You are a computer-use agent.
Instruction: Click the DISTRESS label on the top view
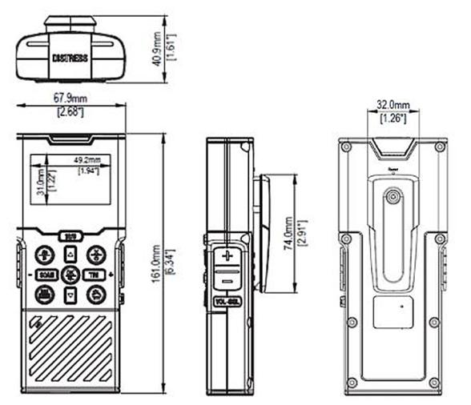tap(70, 58)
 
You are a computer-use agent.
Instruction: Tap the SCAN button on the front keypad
tap(46, 274)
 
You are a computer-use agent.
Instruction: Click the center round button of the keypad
tap(70, 275)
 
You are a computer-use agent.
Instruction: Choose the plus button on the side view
tap(227, 256)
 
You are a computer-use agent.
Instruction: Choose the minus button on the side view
tap(227, 281)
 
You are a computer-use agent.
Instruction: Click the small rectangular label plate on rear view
tap(393, 311)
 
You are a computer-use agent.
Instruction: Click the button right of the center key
tap(95, 275)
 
